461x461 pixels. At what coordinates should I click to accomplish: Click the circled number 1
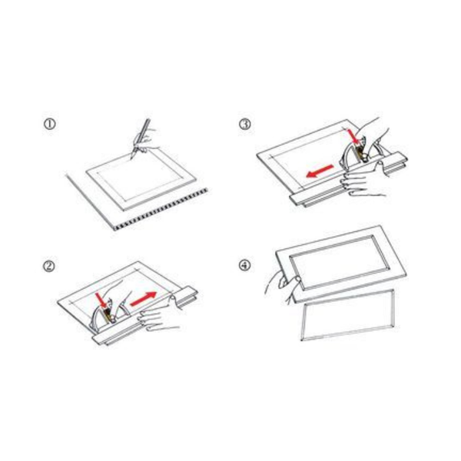pyautogui.click(x=49, y=124)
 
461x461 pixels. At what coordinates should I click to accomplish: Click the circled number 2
pyautogui.click(x=49, y=266)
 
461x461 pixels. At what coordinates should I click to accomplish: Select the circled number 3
pyautogui.click(x=245, y=124)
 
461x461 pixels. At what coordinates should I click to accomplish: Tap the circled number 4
pyautogui.click(x=244, y=266)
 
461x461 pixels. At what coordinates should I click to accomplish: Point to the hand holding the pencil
pyautogui.click(x=145, y=140)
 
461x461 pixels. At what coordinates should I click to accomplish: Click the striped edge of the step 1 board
pyautogui.click(x=161, y=208)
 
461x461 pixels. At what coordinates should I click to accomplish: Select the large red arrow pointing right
pyautogui.click(x=143, y=299)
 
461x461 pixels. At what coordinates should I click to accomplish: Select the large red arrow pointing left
pyautogui.click(x=320, y=171)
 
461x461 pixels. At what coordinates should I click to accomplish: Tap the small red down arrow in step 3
pyautogui.click(x=353, y=136)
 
